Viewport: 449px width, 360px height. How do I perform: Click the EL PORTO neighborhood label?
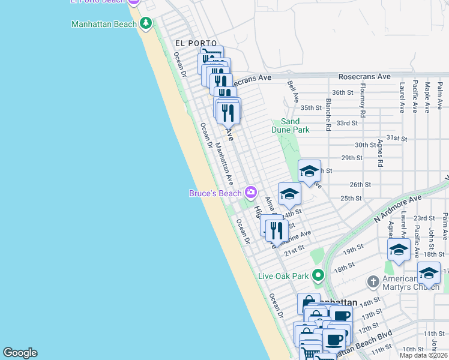point(196,43)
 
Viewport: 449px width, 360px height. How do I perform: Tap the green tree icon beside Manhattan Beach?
point(145,24)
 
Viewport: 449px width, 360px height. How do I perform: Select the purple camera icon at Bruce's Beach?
point(250,193)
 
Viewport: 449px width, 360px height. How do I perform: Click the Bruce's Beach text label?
point(215,193)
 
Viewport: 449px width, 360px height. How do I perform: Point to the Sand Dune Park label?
point(295,125)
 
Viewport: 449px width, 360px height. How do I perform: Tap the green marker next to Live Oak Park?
point(318,276)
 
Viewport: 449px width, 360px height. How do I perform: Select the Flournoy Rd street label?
point(363,104)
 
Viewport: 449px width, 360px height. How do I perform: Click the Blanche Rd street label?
point(328,115)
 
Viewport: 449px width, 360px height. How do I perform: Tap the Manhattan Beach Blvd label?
point(363,343)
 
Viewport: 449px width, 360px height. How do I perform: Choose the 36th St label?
point(343,92)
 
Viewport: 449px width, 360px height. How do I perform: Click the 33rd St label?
point(347,122)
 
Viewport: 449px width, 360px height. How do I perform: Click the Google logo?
point(20,353)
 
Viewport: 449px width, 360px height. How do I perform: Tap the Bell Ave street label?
point(293,92)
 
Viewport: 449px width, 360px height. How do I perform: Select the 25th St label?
point(351,198)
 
